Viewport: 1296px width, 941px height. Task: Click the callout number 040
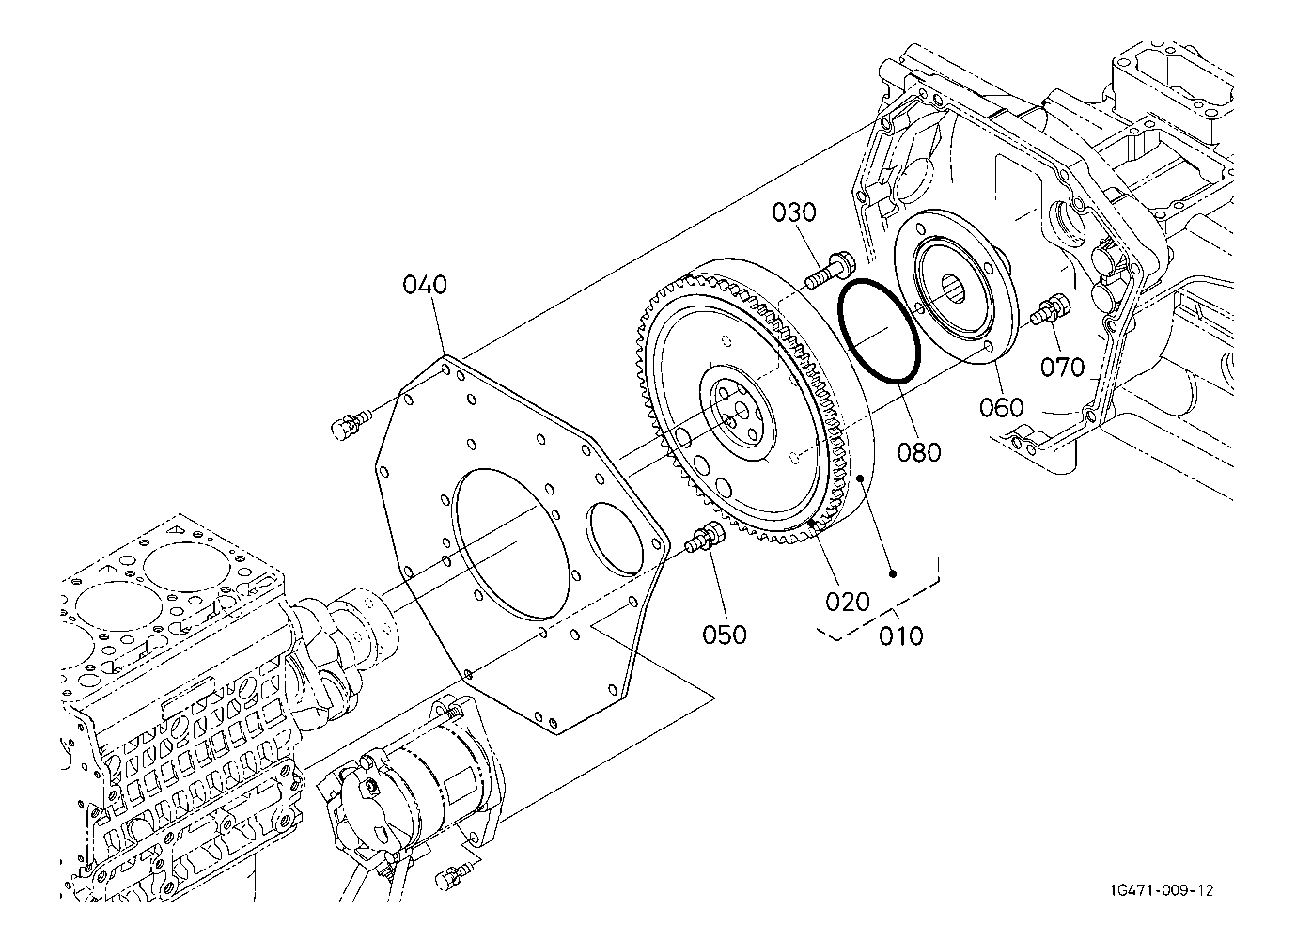425,285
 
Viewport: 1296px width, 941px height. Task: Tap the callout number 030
794,212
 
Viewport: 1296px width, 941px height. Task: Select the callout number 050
725,635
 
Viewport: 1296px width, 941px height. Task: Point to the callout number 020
848,602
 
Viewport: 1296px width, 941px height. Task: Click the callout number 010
901,636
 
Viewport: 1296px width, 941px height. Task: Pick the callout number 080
919,452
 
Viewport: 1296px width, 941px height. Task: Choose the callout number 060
1002,407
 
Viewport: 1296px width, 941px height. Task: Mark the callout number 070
1062,367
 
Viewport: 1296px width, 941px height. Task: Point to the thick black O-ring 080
879,331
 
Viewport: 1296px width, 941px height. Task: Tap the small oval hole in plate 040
614,540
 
